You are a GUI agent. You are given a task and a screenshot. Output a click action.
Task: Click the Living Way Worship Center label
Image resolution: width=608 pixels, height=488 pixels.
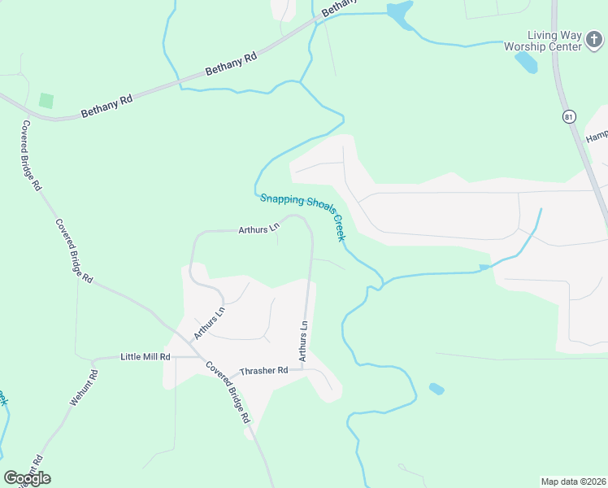tap(555, 41)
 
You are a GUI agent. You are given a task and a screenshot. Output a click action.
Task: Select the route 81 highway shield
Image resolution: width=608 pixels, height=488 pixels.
tap(568, 116)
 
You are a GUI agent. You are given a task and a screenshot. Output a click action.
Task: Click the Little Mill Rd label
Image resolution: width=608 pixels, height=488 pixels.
tap(145, 357)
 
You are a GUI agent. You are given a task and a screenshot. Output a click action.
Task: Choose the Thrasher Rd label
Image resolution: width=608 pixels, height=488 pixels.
tap(264, 371)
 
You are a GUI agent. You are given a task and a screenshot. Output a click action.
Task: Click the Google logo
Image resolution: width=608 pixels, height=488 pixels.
tap(27, 477)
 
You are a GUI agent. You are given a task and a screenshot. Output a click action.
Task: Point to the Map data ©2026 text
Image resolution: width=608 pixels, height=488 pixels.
tap(574, 481)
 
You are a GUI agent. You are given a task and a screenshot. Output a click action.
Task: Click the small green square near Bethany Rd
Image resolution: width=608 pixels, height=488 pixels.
tap(46, 101)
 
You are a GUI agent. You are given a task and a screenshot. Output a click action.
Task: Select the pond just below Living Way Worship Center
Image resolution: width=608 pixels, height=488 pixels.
tap(526, 62)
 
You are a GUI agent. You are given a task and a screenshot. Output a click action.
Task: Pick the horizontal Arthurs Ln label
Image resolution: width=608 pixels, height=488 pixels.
tap(258, 230)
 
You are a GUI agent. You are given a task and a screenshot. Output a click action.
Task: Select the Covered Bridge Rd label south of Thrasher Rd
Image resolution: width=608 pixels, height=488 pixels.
tap(228, 391)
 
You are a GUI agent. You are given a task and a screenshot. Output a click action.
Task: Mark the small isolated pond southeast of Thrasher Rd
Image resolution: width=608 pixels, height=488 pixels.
tap(436, 389)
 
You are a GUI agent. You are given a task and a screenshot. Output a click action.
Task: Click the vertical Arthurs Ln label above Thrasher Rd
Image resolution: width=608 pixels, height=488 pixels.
tap(302, 341)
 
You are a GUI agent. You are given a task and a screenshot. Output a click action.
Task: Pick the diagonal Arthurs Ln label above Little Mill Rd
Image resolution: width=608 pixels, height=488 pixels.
tap(209, 323)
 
